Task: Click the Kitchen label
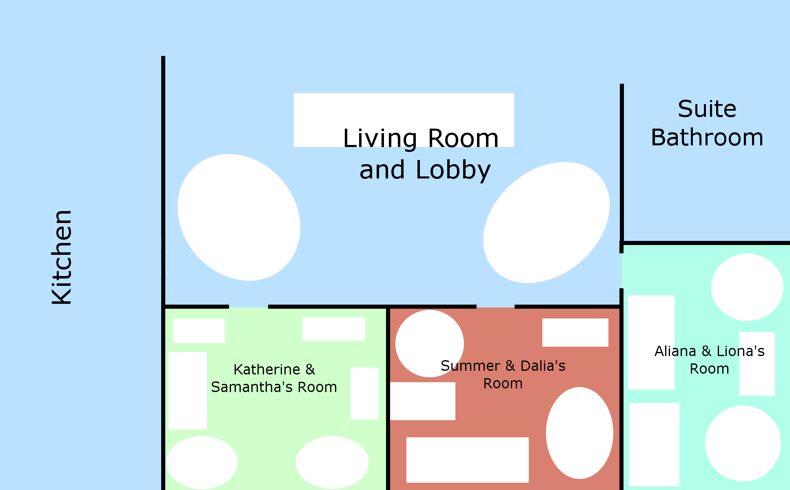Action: [x=62, y=257]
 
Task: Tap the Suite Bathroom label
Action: [x=707, y=123]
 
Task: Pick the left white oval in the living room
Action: [x=239, y=217]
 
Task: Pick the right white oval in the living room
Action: [x=546, y=223]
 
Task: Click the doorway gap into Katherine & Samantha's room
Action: [x=249, y=306]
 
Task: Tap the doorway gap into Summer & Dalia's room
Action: [x=495, y=306]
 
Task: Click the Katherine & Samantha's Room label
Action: [x=274, y=378]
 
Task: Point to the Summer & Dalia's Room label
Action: [x=503, y=374]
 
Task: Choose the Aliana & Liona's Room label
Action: [x=709, y=360]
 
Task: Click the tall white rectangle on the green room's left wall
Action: [x=188, y=390]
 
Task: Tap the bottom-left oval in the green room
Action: [x=202, y=462]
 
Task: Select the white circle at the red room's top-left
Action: [x=429, y=343]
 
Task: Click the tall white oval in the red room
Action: [x=579, y=433]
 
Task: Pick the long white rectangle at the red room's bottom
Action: [x=467, y=460]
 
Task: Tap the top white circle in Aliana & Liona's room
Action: [x=747, y=287]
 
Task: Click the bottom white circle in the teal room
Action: [x=743, y=443]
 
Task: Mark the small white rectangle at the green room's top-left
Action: [x=199, y=331]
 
